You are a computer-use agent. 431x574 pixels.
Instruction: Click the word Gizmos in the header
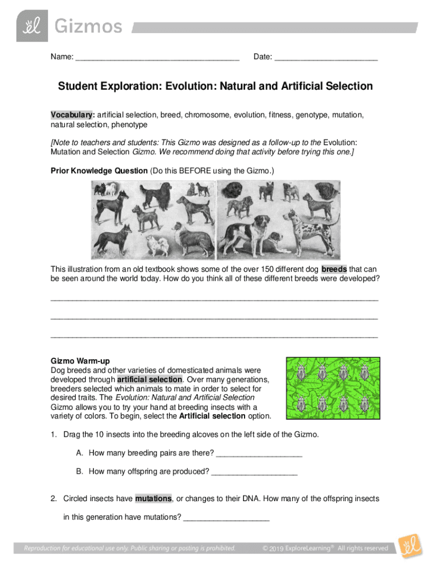[87, 26]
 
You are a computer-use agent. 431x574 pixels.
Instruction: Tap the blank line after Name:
[157, 57]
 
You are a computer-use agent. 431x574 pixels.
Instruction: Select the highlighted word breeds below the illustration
[334, 269]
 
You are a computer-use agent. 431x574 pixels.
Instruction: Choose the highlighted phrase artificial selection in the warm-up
[149, 379]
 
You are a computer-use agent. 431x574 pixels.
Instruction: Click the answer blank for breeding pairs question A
[259, 453]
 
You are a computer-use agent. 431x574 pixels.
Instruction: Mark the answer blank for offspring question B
[255, 471]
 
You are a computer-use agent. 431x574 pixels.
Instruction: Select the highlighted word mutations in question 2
[153, 498]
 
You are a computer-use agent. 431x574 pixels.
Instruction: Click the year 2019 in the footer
[277, 548]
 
